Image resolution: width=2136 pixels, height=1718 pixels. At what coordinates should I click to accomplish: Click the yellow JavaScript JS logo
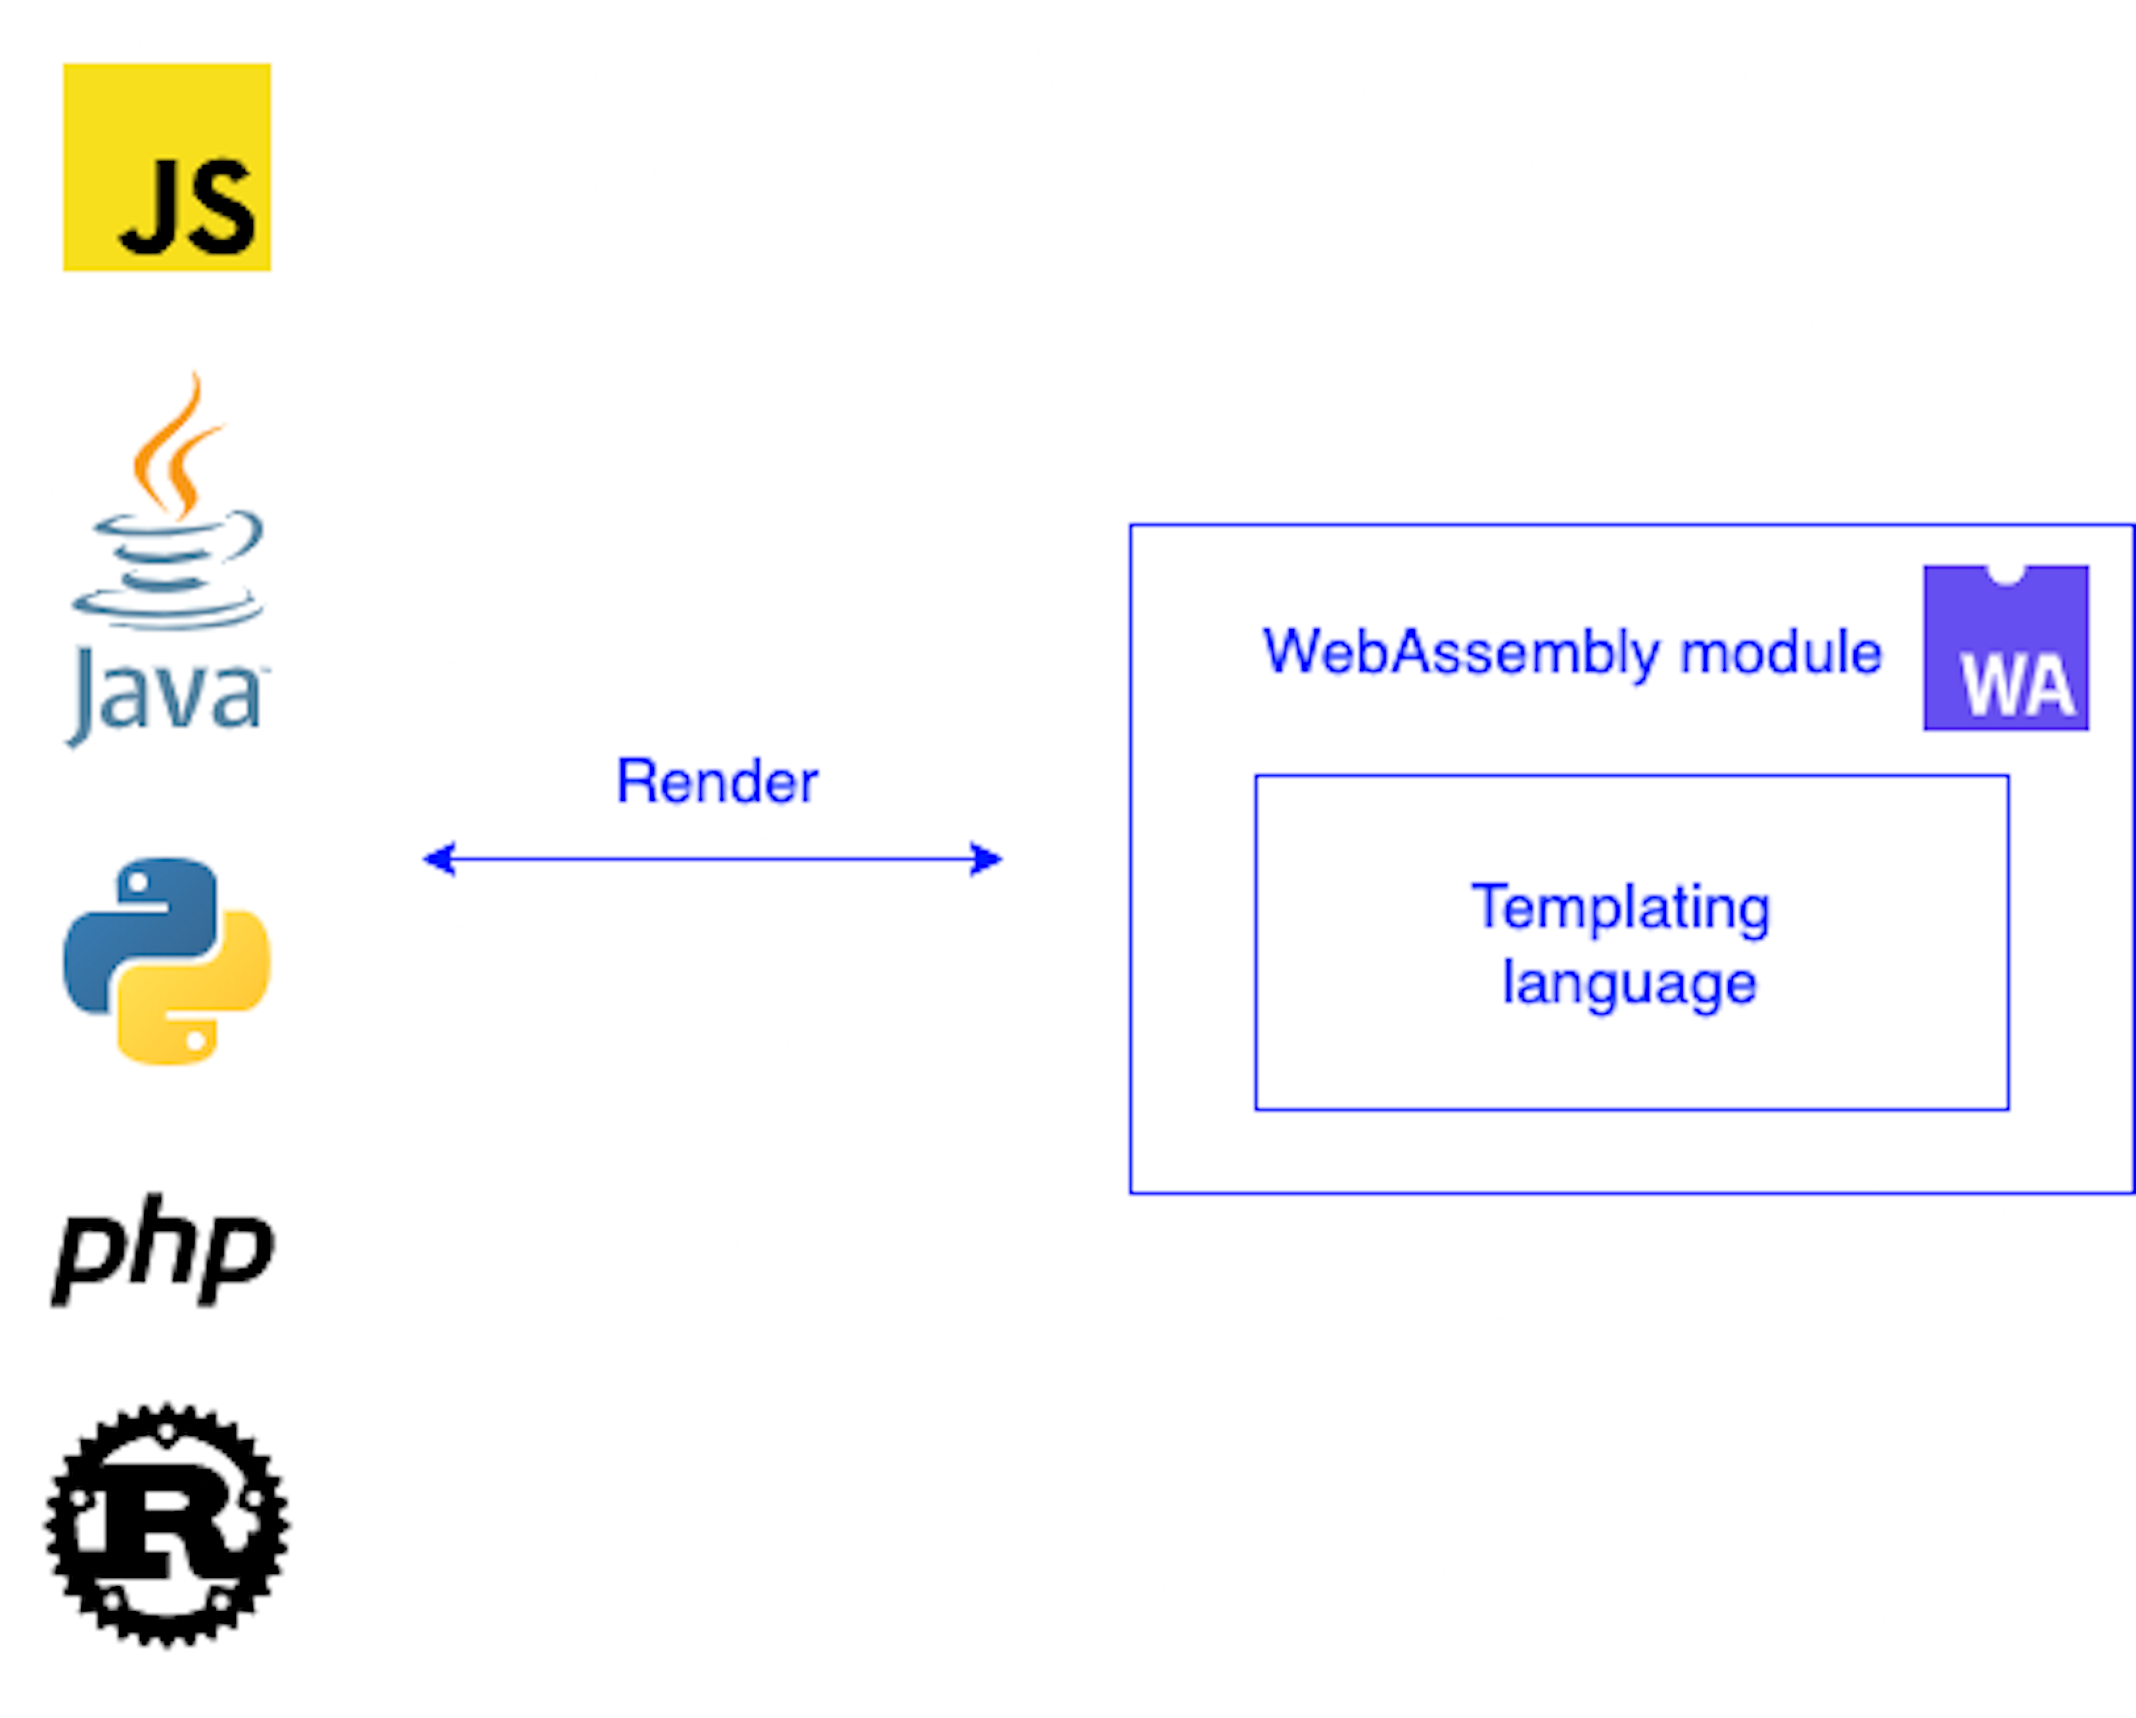166,166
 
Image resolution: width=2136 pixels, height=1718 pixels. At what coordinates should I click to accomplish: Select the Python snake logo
166,961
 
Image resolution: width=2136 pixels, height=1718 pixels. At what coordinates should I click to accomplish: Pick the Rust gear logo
166,1526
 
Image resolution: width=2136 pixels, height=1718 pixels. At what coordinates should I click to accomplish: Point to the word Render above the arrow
716,782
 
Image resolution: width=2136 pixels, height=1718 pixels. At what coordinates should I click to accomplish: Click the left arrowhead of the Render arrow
438,859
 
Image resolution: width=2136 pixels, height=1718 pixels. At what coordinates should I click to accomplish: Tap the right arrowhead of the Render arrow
987,859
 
